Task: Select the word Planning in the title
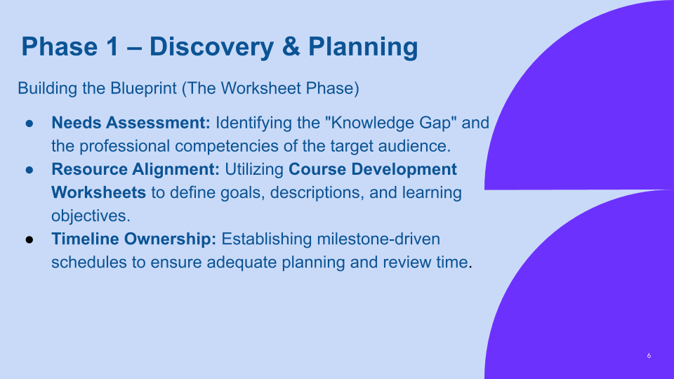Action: click(363, 47)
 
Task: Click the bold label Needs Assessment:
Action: click(131, 123)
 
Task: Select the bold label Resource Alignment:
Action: click(136, 169)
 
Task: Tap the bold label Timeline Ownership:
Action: click(133, 239)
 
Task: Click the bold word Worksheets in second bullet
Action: click(98, 192)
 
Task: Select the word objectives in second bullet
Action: click(91, 215)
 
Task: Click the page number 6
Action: click(649, 356)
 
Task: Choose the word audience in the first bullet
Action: click(416, 146)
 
